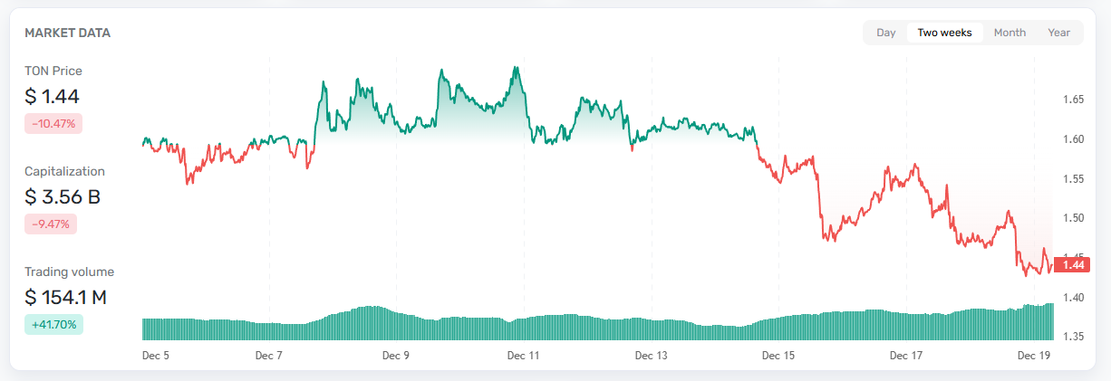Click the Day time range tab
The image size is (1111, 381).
click(885, 33)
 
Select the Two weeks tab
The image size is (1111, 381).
click(944, 33)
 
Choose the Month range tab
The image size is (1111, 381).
click(1010, 33)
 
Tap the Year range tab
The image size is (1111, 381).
click(1058, 33)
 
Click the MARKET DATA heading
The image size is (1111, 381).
click(67, 33)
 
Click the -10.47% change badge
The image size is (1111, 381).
click(53, 123)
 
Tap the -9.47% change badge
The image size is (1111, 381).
click(51, 224)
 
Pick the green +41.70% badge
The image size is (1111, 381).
click(53, 324)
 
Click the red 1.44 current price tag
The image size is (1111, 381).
click(1073, 265)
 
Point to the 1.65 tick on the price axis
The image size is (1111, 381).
click(1074, 100)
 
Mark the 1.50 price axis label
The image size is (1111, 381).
click(1074, 218)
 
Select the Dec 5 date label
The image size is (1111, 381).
click(156, 356)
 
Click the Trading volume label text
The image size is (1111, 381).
click(69, 271)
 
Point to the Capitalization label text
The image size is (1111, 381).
click(64, 171)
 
